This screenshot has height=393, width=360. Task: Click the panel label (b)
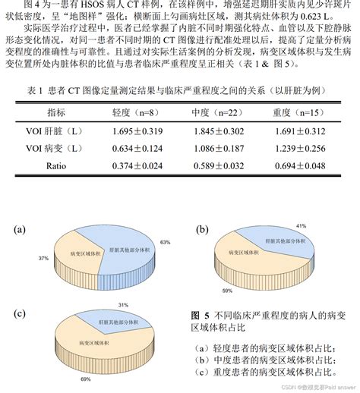click(x=201, y=228)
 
